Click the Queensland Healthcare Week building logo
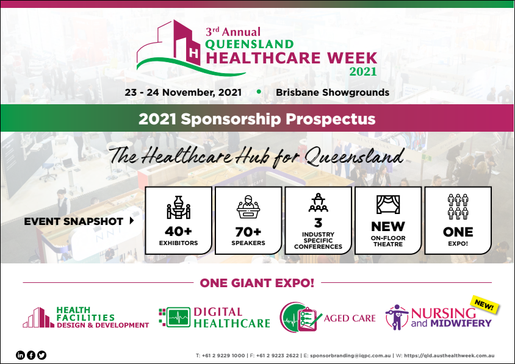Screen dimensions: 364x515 174,48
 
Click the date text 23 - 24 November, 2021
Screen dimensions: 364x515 183,93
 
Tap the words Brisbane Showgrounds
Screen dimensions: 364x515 333,93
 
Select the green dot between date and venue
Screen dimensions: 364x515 259,92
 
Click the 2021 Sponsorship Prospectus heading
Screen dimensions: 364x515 257,118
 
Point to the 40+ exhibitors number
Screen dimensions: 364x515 179,232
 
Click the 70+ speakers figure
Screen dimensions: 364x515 248,232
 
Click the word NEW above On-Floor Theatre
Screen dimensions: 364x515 388,227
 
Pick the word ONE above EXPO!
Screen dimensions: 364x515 458,232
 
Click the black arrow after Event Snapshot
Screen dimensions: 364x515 132,221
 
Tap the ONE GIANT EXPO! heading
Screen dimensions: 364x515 257,283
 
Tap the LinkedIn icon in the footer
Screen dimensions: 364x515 20,355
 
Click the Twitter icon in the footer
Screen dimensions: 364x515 42,355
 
